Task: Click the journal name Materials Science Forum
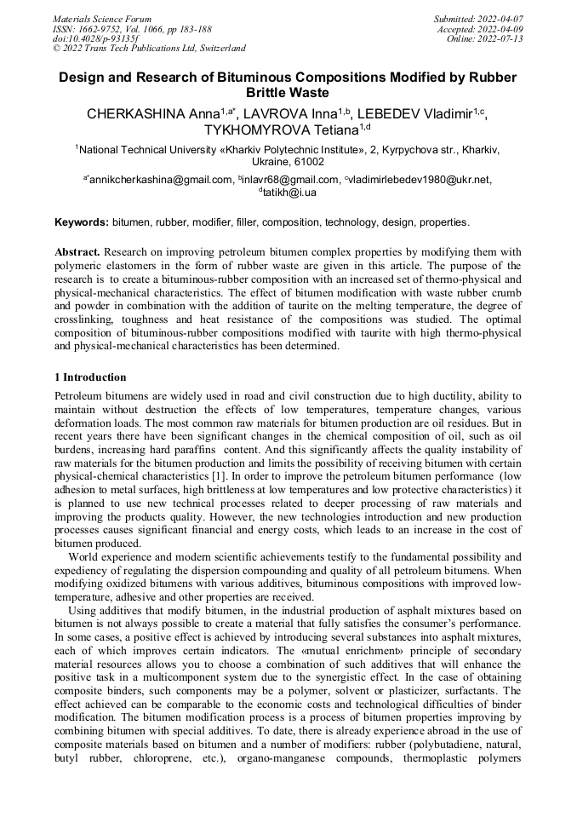[102, 18]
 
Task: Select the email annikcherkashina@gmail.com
[161, 180]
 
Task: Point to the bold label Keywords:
[82, 222]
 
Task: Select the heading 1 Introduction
[90, 377]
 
